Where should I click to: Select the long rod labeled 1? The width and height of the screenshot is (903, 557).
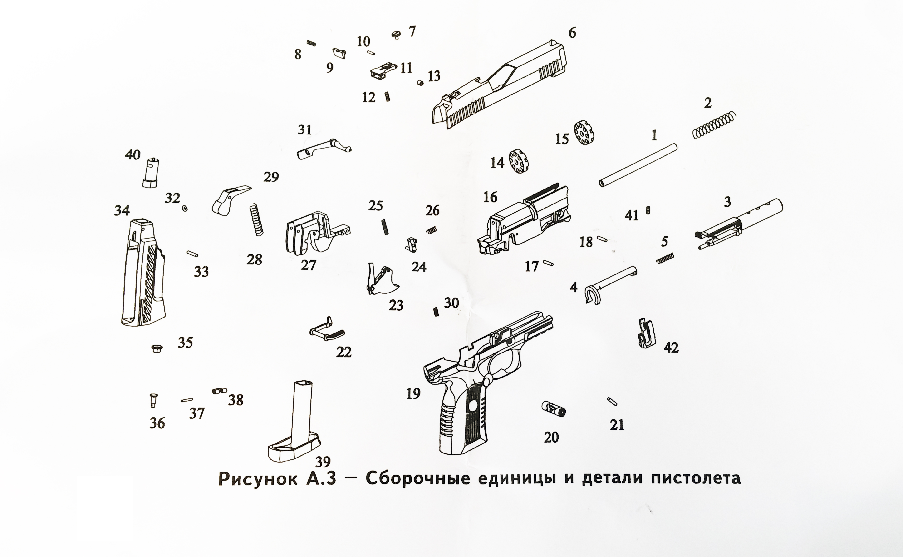tap(638, 165)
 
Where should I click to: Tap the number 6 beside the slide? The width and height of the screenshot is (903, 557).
tap(572, 33)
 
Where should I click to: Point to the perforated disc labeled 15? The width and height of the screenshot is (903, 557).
tap(584, 132)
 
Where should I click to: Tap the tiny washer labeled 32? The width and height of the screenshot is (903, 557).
tap(185, 209)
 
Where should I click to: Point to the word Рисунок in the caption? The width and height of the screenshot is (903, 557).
tap(258, 479)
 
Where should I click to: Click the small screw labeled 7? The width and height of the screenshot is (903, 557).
tap(396, 35)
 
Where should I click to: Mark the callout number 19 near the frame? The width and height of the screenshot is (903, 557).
tap(413, 394)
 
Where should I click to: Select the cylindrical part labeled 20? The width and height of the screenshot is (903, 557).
tap(553, 409)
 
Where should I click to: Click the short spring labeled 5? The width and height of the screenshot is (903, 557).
tap(665, 258)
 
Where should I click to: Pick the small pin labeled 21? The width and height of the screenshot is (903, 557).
tap(612, 401)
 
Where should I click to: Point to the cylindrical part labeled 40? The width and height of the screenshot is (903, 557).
tap(150, 173)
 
